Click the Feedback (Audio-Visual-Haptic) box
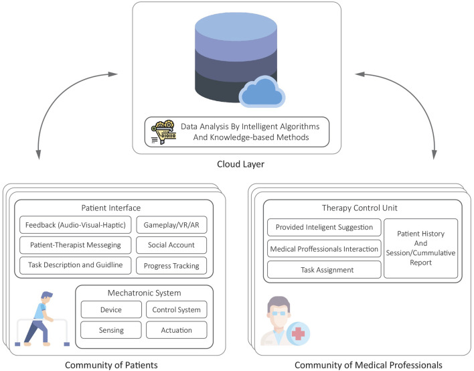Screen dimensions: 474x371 click(x=75, y=224)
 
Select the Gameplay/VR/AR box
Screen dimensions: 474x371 click(x=171, y=224)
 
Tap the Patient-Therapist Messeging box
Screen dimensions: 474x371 click(x=75, y=245)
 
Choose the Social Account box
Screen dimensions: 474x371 click(x=171, y=245)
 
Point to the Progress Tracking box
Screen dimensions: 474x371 click(x=171, y=265)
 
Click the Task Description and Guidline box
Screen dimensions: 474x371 click(x=75, y=265)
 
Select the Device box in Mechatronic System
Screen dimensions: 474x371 click(x=111, y=309)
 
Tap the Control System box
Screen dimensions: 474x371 click(x=177, y=309)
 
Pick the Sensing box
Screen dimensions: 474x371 click(x=111, y=330)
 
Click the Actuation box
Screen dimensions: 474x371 click(x=177, y=330)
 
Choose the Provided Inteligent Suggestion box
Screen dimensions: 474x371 click(x=324, y=227)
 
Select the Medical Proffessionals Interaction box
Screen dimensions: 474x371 click(x=324, y=248)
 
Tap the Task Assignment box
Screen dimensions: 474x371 click(x=324, y=270)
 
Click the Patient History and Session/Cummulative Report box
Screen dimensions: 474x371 click(x=421, y=248)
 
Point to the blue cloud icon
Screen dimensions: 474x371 click(x=262, y=92)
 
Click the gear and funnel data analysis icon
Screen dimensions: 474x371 click(x=163, y=132)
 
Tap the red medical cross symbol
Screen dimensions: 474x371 click(x=298, y=333)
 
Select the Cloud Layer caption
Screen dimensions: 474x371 click(x=240, y=164)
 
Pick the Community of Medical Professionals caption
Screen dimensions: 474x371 click(x=368, y=365)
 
